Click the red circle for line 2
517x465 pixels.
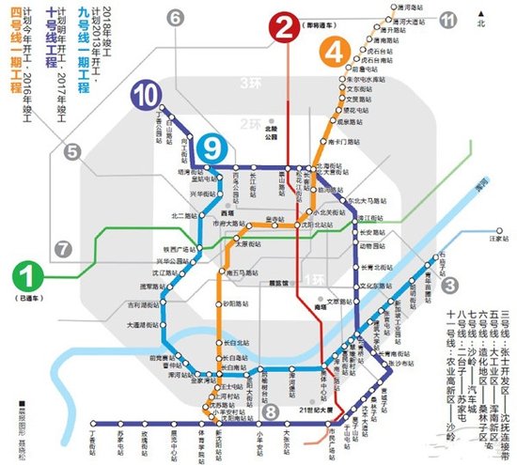coord(283,30)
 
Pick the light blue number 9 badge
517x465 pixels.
coord(213,147)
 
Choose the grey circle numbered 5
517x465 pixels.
coord(73,150)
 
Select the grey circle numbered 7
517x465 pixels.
coord(63,249)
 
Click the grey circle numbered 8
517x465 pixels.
coord(271,410)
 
